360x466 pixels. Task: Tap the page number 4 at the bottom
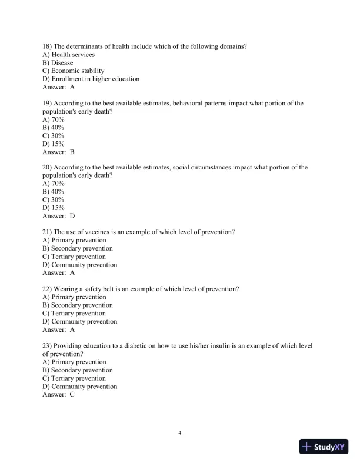tap(180, 433)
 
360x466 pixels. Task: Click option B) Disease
tap(58, 62)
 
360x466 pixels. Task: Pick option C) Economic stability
tap(73, 71)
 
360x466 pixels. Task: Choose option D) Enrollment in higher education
tap(91, 79)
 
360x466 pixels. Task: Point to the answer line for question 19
tap(58, 152)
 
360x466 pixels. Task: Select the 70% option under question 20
tap(54, 183)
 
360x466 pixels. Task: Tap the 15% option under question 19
tap(54, 144)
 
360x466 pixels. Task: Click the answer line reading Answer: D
tap(58, 216)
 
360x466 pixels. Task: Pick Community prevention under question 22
tap(79, 321)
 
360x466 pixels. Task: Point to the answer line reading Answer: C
tap(58, 395)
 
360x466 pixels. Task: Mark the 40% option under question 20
tap(54, 191)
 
